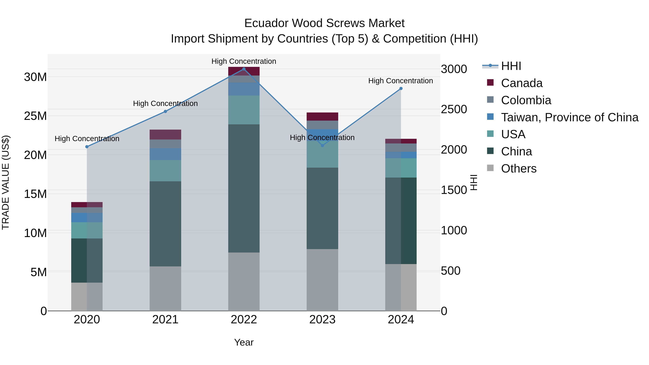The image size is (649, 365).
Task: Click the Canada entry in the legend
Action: (522, 83)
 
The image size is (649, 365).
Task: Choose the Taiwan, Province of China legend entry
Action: (569, 117)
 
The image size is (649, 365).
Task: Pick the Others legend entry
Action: (518, 169)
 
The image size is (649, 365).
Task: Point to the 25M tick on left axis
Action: (35, 116)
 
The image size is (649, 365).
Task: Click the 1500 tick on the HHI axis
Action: (454, 190)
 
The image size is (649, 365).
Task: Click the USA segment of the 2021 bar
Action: (165, 171)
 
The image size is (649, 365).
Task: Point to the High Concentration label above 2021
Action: (165, 103)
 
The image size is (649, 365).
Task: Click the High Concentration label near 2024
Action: (401, 81)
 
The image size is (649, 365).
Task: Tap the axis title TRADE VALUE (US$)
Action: (6, 183)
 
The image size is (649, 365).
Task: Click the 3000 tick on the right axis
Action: (454, 69)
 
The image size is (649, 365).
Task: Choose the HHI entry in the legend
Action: (511, 66)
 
